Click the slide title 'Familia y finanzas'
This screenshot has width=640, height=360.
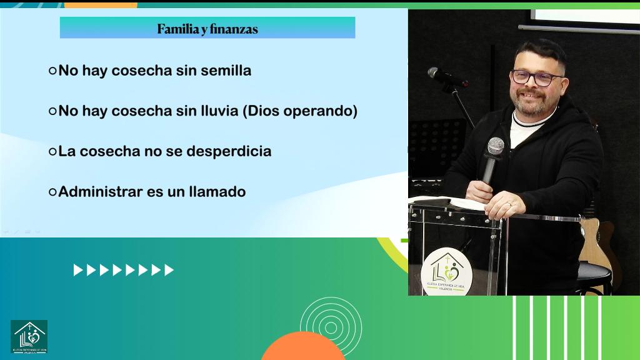pos(207,29)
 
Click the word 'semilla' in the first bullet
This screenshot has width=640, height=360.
pos(226,71)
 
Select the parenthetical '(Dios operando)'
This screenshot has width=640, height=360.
pos(299,111)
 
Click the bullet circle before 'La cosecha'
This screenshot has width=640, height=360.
pos(52,151)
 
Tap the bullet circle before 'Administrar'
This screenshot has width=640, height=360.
pos(52,192)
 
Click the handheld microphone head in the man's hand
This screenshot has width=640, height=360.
pos(496,146)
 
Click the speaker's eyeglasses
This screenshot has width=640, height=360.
pos(537,78)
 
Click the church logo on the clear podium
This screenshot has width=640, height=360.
pos(446,272)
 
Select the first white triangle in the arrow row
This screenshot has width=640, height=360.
pos(77,270)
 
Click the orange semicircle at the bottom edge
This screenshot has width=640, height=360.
pos(303,347)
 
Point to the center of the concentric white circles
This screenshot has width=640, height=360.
pos(331,327)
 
